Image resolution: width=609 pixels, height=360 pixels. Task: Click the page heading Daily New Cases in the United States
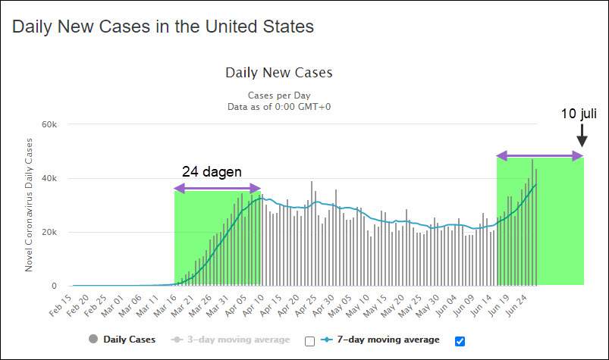[x=163, y=27]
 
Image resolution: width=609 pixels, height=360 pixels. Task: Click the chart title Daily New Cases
[x=279, y=73]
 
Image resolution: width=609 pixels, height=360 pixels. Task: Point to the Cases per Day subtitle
[x=278, y=96]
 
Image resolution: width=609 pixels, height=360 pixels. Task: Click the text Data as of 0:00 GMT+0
[x=279, y=107]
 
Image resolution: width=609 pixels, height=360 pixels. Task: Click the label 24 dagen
[x=212, y=171]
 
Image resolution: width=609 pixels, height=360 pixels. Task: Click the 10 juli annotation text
[x=579, y=114]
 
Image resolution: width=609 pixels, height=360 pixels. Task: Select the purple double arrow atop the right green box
[x=540, y=155]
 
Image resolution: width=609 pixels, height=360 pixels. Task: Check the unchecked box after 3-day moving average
[x=309, y=340]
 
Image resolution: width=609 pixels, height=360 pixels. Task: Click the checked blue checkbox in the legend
[x=460, y=340]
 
